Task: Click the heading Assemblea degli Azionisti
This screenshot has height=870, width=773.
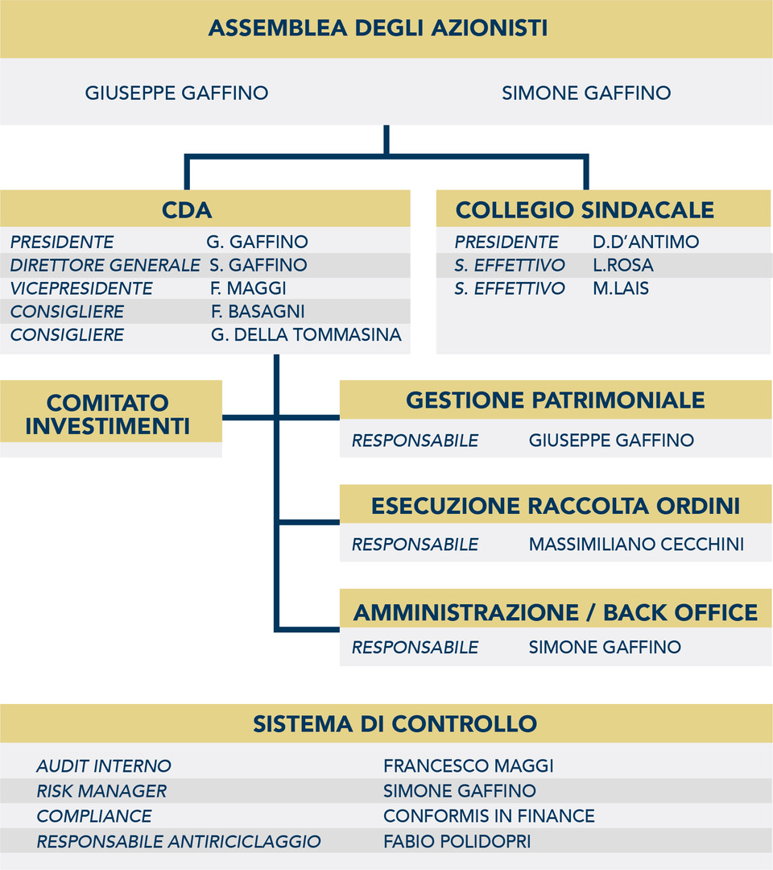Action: coord(378,27)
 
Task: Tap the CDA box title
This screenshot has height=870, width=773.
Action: coord(187,210)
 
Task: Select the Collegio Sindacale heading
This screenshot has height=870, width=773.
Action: coord(585,210)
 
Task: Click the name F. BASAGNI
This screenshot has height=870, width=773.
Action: coord(258,311)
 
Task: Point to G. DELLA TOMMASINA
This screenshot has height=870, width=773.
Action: coord(306,334)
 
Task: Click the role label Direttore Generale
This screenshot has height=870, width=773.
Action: coord(105,265)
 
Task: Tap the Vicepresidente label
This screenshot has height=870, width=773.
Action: coord(81,288)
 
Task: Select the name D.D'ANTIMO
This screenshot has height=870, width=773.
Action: coord(646,242)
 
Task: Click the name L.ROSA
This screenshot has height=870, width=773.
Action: coord(622,265)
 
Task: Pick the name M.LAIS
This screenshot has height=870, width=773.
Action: coord(621,288)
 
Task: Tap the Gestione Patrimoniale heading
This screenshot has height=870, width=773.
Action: coord(555,400)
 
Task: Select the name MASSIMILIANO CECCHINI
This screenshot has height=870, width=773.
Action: coord(636,545)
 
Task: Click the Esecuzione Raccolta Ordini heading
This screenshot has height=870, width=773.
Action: coord(555,506)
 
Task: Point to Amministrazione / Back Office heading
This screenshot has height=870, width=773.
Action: coord(555,612)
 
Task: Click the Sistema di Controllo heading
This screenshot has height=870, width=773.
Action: coord(395,724)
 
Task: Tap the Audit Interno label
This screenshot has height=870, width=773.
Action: coord(104,766)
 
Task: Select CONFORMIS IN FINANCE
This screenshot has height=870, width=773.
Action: coord(489,816)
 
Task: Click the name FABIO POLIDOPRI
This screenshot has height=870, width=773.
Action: coord(457,842)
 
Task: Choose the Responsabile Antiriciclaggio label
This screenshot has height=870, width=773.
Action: coord(179,842)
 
